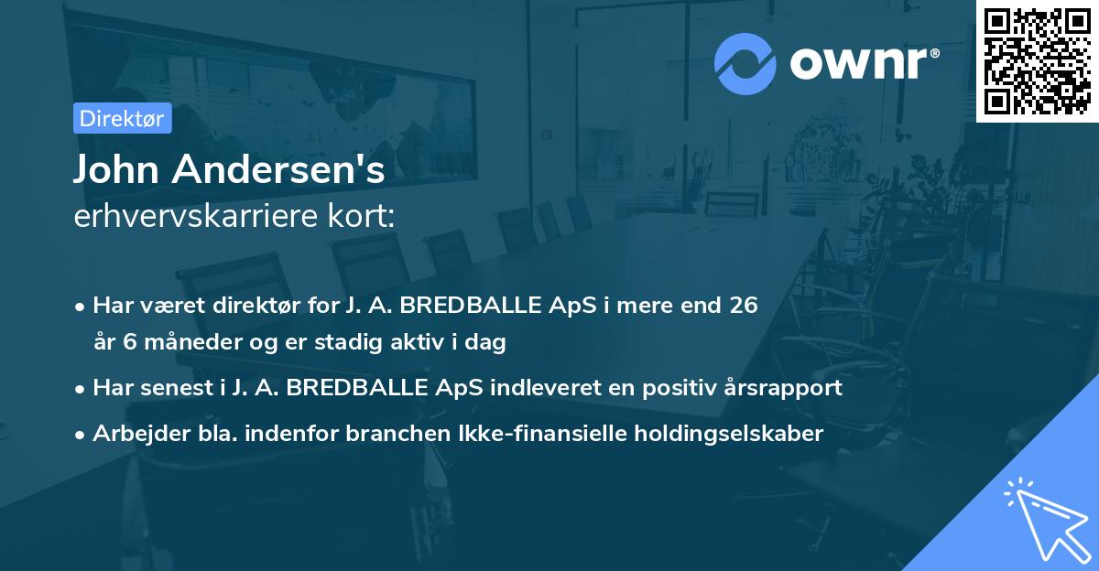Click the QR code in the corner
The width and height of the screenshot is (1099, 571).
tap(1037, 60)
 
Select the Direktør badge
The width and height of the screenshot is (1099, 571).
tap(122, 118)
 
